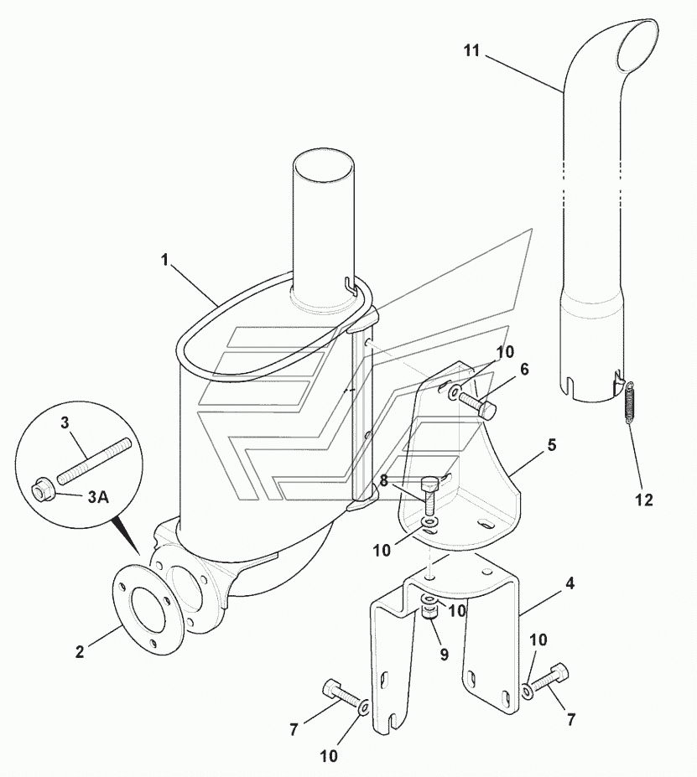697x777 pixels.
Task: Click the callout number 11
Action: click(x=471, y=50)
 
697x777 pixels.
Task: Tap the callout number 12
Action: click(x=644, y=500)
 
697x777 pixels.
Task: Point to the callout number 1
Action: click(x=164, y=259)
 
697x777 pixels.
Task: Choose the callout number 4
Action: click(x=570, y=583)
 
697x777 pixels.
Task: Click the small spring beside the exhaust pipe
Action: click(x=630, y=401)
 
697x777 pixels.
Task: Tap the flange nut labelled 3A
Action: click(x=42, y=490)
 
